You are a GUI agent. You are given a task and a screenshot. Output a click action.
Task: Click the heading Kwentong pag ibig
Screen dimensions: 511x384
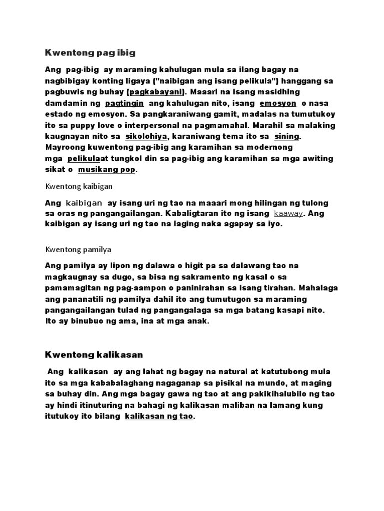(x=90, y=52)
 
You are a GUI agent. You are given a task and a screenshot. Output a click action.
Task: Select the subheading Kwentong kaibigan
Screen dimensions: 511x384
(x=79, y=186)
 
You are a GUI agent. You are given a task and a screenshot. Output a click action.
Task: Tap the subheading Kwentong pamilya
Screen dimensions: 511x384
(x=78, y=249)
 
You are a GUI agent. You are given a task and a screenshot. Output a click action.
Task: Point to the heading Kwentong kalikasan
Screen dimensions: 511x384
(x=94, y=355)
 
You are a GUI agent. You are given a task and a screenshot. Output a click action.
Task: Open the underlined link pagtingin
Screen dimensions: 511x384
(x=125, y=103)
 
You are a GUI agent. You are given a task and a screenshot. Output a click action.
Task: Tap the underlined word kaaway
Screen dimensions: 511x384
(x=289, y=214)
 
